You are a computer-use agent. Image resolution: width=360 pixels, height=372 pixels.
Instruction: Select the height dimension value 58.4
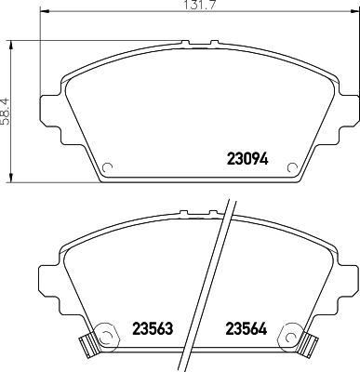pos(6,112)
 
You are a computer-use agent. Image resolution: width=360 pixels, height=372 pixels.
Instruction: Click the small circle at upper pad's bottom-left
pos(106,169)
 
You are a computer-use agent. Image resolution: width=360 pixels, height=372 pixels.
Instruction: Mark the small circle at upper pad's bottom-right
pos(295,169)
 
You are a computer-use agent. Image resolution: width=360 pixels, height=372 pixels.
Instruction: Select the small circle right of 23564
pos(296,330)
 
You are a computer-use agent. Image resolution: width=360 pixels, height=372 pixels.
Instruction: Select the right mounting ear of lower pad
pos(350,279)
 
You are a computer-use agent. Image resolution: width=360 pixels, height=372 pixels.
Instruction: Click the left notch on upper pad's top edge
pos(188,42)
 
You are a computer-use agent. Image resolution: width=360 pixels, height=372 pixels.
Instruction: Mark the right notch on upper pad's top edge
pos(215,42)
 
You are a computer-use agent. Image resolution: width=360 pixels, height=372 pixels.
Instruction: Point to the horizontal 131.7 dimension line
pos(112,16)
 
